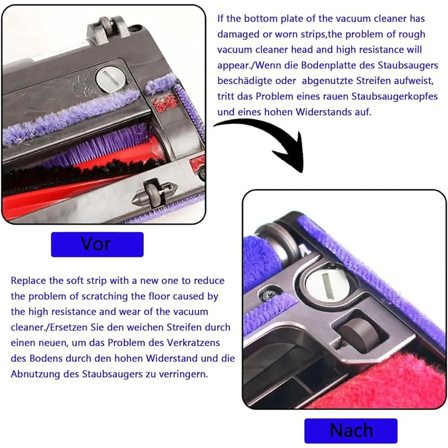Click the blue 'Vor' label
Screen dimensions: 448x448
click(x=96, y=245)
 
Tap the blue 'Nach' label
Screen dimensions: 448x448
click(x=351, y=431)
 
